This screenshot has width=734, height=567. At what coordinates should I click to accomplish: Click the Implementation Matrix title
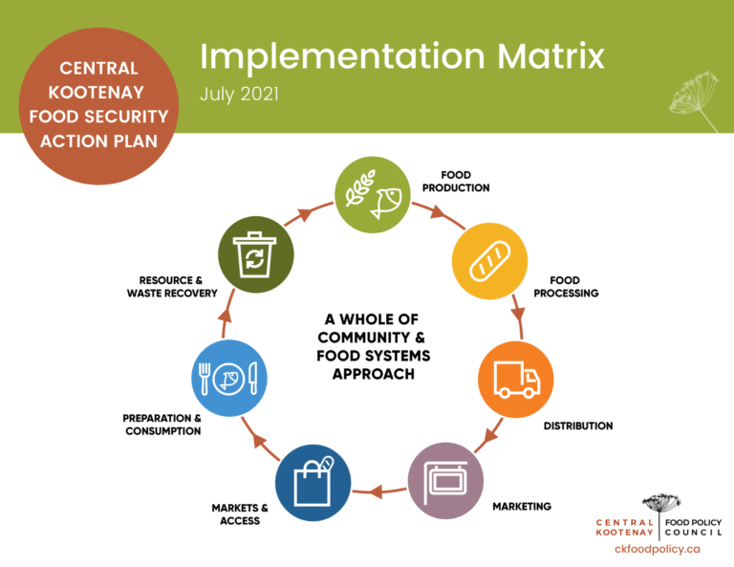(401, 56)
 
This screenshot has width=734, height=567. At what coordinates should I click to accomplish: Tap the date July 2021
(242, 95)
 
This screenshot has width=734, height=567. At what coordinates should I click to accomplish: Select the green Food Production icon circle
(372, 194)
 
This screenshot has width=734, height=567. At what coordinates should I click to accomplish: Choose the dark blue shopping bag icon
(313, 483)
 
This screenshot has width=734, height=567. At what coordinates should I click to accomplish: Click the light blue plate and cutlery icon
(228, 378)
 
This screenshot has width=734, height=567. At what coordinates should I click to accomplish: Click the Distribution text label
(577, 425)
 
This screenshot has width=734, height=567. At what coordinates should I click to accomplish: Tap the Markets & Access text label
(240, 513)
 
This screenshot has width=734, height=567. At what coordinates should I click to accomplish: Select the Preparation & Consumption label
(162, 425)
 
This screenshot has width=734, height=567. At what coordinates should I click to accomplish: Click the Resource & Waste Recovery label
(172, 287)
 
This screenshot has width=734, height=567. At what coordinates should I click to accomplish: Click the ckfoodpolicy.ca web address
(658, 549)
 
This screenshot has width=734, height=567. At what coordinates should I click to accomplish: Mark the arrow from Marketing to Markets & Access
(379, 491)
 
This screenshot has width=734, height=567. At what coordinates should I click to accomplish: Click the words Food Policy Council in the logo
(693, 526)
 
